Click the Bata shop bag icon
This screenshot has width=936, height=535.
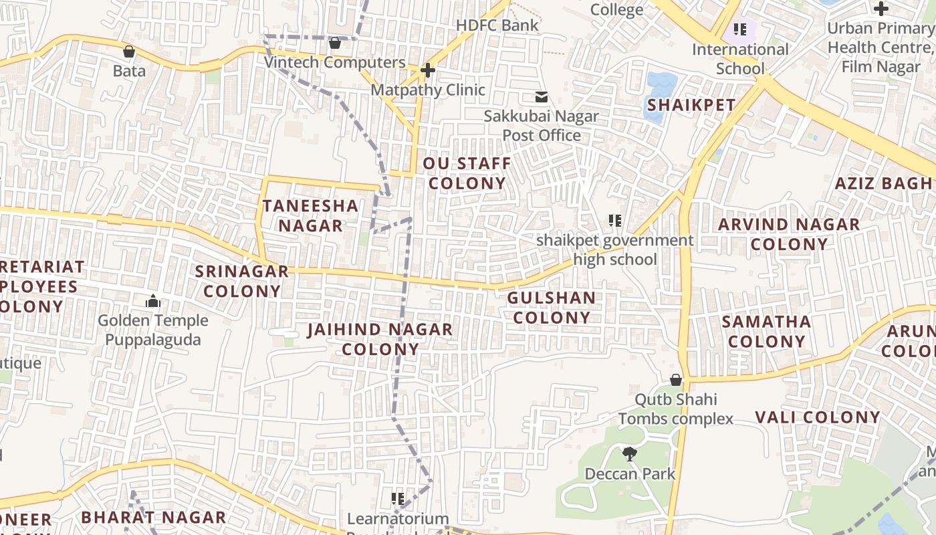129,51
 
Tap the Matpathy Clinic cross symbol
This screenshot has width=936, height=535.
427,70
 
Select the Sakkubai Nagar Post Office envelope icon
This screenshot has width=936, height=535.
541,98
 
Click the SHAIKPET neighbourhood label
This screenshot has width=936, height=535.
691,105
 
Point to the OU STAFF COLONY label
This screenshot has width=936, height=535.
467,173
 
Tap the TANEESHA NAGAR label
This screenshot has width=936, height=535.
310,215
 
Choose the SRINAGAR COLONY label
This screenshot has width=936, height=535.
242,281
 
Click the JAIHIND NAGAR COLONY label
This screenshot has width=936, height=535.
380,339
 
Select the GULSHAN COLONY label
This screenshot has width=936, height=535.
552,308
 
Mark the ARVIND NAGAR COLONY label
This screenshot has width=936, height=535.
789,234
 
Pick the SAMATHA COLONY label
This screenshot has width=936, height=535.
766,331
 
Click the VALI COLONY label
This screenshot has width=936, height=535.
818,417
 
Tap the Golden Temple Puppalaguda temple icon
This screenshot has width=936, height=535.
153,302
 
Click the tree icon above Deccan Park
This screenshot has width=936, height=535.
629,454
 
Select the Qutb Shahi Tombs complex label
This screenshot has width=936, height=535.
675,409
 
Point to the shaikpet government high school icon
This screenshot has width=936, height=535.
615,220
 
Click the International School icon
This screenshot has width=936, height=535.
739,29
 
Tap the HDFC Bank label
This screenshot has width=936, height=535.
497,25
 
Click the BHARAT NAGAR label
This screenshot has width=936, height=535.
153,517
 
